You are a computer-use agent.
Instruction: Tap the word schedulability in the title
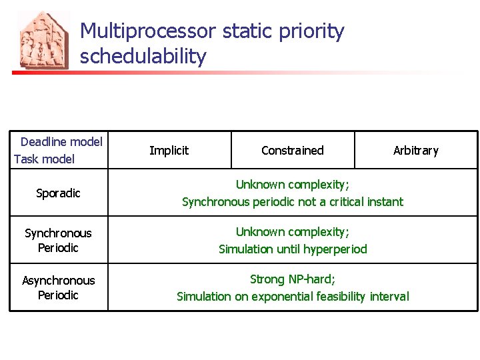pyautogui.click(x=143, y=57)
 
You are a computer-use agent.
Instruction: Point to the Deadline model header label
pyautogui.click(x=61, y=141)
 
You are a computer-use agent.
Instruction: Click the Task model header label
pyautogui.click(x=44, y=159)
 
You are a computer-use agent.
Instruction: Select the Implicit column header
pyautogui.click(x=169, y=151)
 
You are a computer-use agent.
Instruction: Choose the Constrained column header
pyautogui.click(x=292, y=151)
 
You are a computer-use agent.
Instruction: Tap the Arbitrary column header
pyautogui.click(x=415, y=151)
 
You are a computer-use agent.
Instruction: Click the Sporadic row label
pyautogui.click(x=58, y=193)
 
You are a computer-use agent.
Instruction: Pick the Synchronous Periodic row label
pyautogui.click(x=58, y=240)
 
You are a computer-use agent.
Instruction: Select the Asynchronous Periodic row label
pyautogui.click(x=58, y=287)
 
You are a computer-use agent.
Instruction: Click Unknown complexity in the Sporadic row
pyautogui.click(x=292, y=185)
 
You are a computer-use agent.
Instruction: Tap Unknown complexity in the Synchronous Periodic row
pyautogui.click(x=292, y=232)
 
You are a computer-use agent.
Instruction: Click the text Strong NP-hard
pyautogui.click(x=292, y=279)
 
